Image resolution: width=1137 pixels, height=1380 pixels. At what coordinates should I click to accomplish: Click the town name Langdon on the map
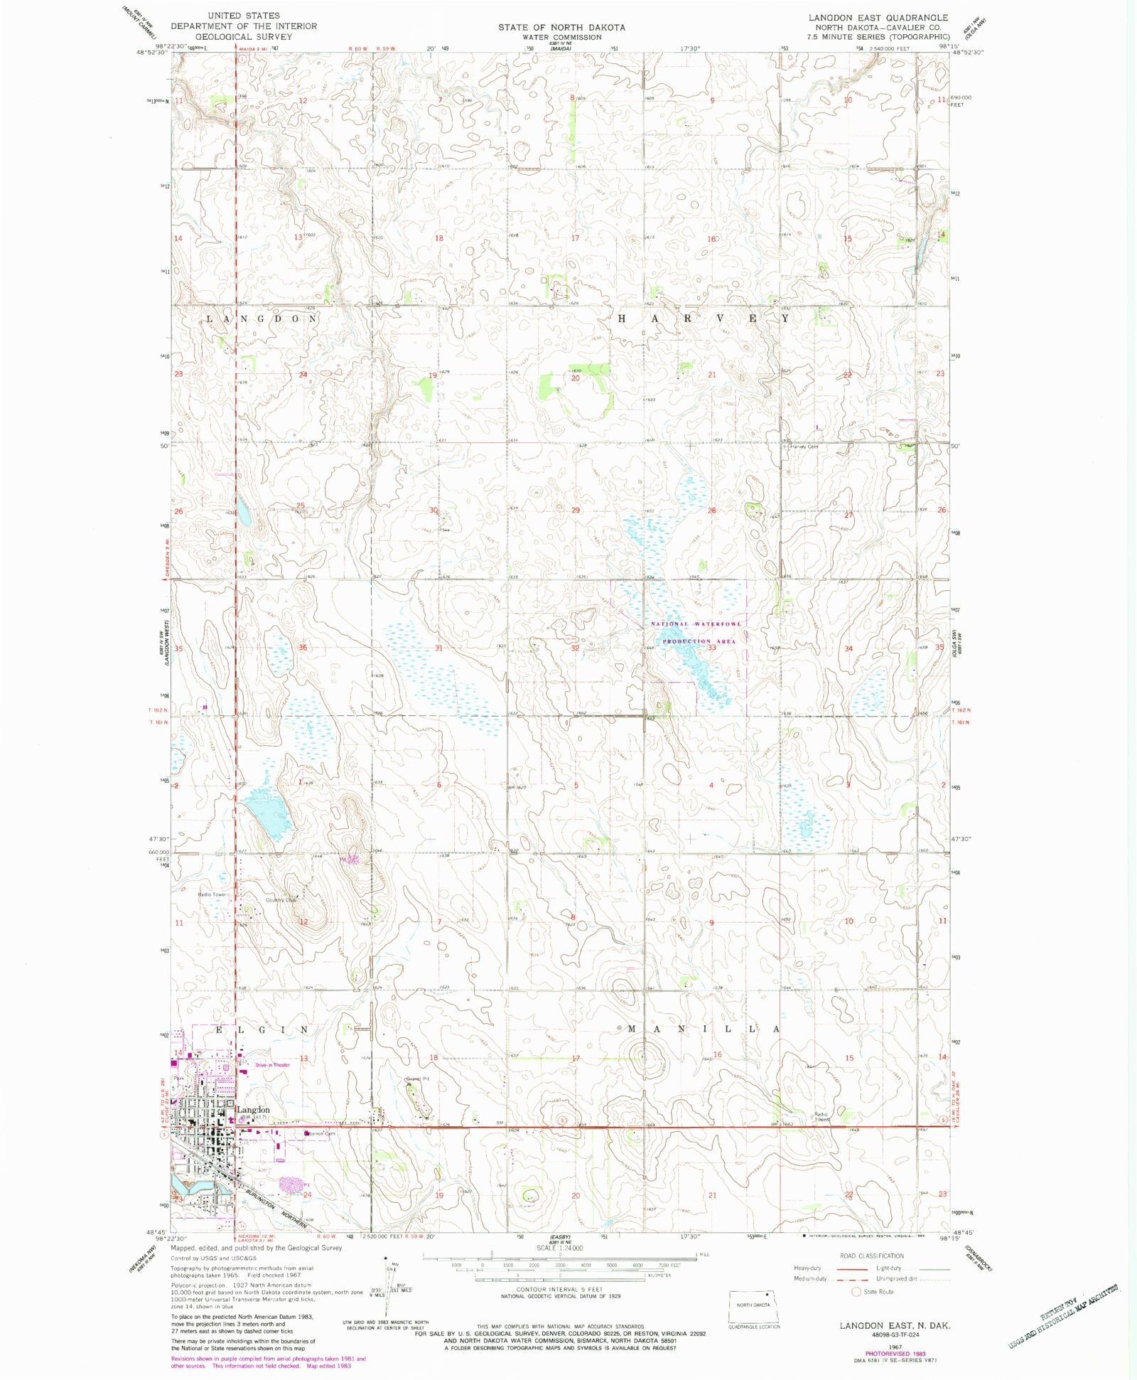[x=253, y=1109]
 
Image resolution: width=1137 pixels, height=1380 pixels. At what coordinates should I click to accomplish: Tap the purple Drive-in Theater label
[x=273, y=1064]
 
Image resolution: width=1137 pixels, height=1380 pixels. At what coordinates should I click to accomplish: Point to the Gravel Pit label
[x=418, y=1079]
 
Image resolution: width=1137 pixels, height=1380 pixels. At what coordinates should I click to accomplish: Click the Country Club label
[x=281, y=899]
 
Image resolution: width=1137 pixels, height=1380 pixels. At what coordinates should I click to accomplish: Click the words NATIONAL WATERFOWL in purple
[x=696, y=624]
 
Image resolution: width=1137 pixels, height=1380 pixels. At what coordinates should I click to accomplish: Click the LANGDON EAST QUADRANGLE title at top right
[x=878, y=18]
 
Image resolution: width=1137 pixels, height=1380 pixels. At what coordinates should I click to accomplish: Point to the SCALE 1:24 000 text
[x=560, y=1248]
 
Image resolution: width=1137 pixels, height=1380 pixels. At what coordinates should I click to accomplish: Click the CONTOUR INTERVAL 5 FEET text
[x=561, y=1289]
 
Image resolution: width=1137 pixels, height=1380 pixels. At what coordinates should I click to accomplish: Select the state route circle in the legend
[x=856, y=1292]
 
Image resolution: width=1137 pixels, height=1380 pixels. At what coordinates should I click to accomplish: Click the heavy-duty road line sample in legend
[x=851, y=1268]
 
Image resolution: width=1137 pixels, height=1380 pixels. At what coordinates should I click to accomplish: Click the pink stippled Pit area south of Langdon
[x=291, y=1184]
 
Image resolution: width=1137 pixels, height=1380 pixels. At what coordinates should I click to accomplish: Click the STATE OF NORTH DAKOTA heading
[x=561, y=28]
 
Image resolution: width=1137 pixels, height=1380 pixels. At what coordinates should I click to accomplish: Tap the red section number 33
[x=711, y=648]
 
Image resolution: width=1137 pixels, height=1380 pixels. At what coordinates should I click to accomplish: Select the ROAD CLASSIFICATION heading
[x=872, y=1256]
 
